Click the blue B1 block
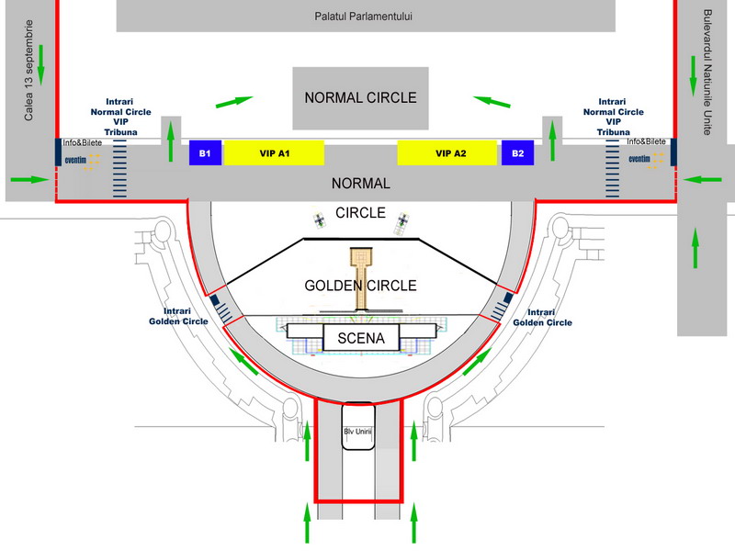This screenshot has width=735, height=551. pyautogui.click(x=206, y=153)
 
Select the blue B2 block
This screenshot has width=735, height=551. pyautogui.click(x=518, y=153)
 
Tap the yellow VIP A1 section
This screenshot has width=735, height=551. pyautogui.click(x=274, y=153)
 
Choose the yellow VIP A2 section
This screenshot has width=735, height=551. pyautogui.click(x=450, y=153)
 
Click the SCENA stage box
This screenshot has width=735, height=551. pyautogui.click(x=361, y=338)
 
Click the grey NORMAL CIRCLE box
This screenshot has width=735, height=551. pyautogui.click(x=361, y=97)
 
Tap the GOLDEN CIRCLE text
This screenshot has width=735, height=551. pyautogui.click(x=360, y=286)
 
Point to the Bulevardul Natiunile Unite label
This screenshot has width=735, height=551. pyautogui.click(x=707, y=73)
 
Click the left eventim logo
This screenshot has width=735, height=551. pyautogui.click(x=75, y=159)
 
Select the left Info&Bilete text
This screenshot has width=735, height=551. pyautogui.click(x=82, y=142)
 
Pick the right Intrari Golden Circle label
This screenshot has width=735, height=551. pyautogui.click(x=542, y=317)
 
